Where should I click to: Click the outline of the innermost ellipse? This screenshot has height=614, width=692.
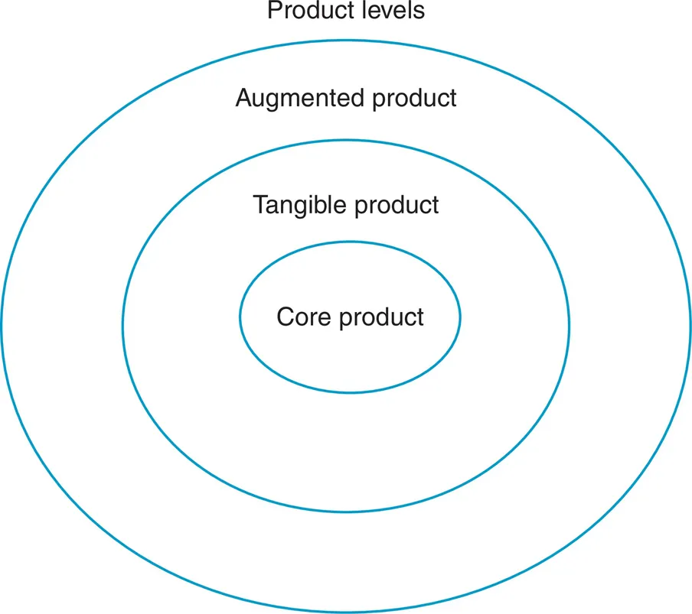coord(351,242)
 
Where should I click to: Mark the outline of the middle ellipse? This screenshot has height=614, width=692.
coord(346,140)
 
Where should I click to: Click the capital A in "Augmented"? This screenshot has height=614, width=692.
coord(243,99)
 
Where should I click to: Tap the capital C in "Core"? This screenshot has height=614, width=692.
coord(285,316)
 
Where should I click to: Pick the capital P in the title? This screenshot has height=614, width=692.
coord(273,11)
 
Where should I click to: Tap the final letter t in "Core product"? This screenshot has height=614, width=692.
coord(419,316)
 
